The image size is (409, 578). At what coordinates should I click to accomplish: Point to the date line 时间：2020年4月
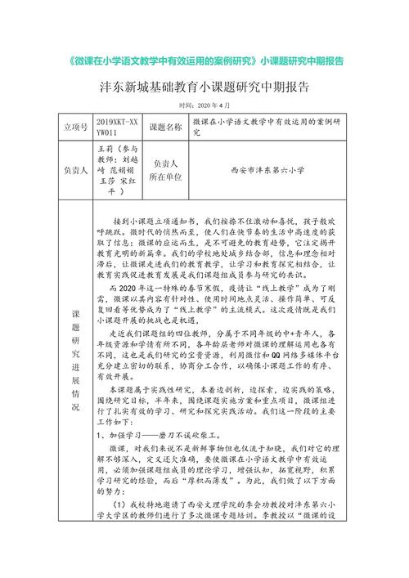pos(204,106)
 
